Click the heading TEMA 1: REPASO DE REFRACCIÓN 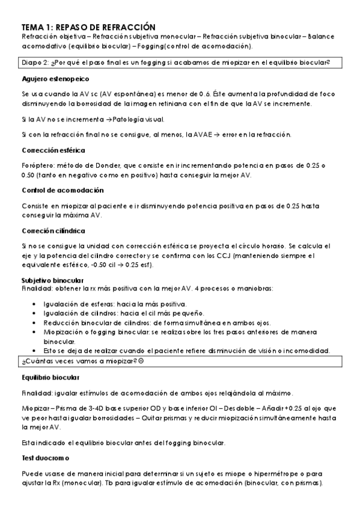pos(88,27)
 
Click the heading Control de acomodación pos(62,190)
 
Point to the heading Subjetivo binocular pos(52,280)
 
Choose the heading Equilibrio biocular pos(50,377)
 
